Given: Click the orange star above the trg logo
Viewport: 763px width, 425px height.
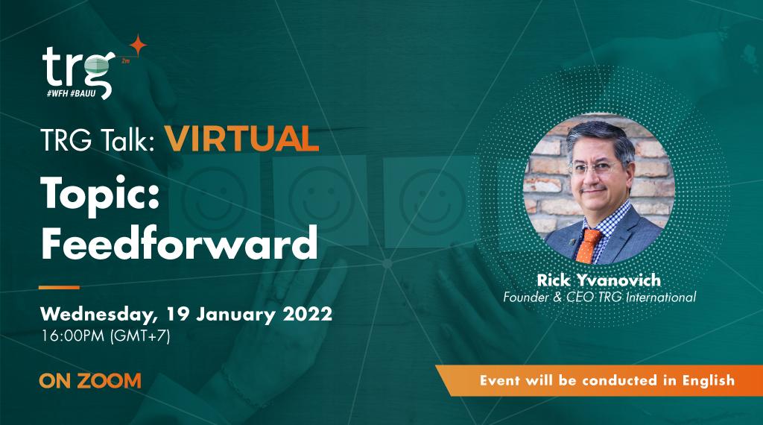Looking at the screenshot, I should click(x=137, y=45).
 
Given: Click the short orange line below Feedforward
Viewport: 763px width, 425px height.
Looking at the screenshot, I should click(x=59, y=286).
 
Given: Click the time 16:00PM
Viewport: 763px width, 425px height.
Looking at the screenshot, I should click(x=72, y=336).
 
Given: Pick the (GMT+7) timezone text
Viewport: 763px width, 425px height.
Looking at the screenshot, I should click(x=140, y=336).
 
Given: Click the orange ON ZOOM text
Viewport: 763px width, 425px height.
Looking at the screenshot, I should click(x=89, y=380).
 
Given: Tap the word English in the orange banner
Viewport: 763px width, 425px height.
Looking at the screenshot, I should click(x=707, y=380).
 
